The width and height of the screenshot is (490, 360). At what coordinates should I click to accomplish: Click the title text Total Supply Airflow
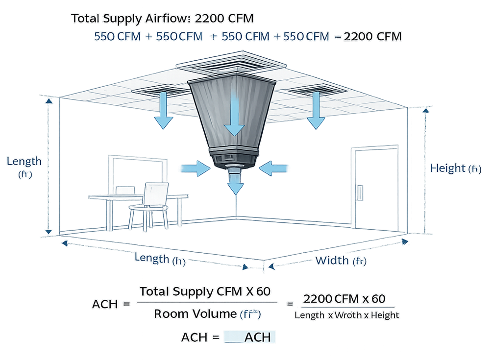click(x=131, y=19)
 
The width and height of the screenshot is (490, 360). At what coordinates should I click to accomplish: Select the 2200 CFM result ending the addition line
click(x=372, y=37)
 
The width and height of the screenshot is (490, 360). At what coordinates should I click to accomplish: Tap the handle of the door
click(x=361, y=191)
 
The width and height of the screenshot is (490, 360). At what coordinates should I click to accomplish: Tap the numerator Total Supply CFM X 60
click(x=204, y=292)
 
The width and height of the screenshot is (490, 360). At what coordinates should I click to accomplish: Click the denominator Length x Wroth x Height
click(x=346, y=314)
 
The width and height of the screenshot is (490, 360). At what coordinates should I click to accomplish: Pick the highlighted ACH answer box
click(x=249, y=337)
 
